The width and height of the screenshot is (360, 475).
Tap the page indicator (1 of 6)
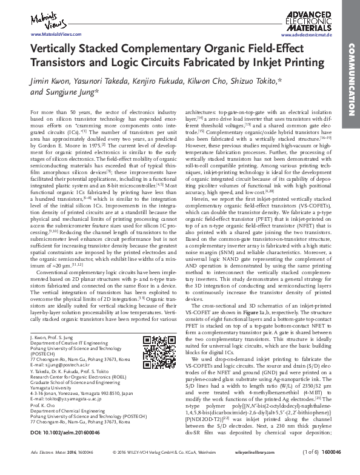(307, 469)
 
